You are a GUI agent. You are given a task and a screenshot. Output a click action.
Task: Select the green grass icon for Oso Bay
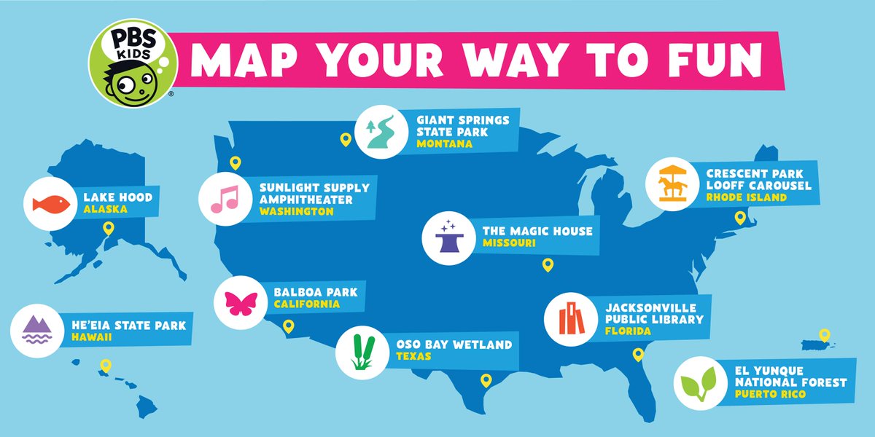[362, 353]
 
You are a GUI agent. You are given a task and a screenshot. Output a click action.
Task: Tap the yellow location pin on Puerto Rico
[825, 335]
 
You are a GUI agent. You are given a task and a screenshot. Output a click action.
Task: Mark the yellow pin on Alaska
[109, 229]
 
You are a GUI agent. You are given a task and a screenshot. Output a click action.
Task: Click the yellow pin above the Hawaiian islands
[105, 366]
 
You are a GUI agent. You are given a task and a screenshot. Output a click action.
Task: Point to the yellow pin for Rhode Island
[739, 216]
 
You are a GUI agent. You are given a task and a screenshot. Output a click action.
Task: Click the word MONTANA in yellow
[444, 144]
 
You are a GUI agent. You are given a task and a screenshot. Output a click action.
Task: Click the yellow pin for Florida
[638, 355]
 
